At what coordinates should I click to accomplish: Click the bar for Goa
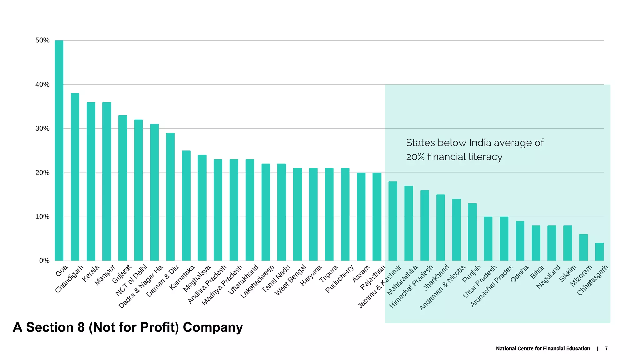click(x=59, y=150)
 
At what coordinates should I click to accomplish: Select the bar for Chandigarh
click(x=75, y=177)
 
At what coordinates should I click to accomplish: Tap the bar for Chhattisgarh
click(x=599, y=252)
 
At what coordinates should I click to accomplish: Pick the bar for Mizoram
click(x=583, y=247)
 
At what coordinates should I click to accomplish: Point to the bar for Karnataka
click(x=186, y=206)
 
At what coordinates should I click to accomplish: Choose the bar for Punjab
click(x=472, y=232)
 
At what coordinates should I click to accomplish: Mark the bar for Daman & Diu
click(x=170, y=197)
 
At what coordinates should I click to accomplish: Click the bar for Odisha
click(x=520, y=241)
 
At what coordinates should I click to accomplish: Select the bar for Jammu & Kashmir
click(x=393, y=221)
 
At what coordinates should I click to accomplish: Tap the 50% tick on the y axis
click(x=42, y=40)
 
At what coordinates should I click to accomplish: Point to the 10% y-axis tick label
click(x=42, y=217)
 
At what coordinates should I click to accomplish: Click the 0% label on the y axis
click(x=44, y=261)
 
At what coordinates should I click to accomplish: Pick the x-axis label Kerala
click(x=91, y=273)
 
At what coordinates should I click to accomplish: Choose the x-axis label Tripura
click(x=328, y=274)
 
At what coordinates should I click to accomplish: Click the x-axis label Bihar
click(x=537, y=272)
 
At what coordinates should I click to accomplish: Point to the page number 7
click(x=606, y=348)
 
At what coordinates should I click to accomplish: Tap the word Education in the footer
click(x=577, y=348)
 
